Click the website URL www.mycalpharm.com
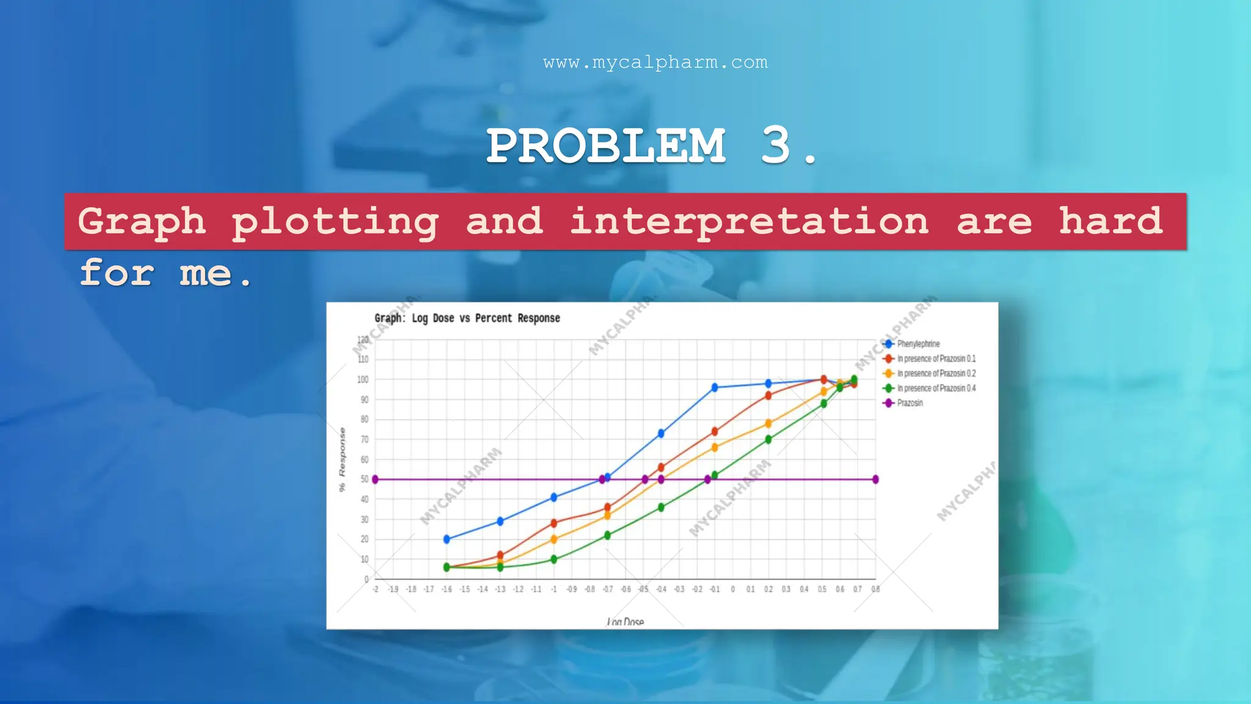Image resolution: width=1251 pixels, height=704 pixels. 655,62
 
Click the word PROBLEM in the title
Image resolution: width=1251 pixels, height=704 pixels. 606,146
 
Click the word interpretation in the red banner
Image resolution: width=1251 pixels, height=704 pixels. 749,221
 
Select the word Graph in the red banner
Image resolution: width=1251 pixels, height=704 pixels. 142,221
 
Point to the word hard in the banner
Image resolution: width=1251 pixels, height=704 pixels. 1110,221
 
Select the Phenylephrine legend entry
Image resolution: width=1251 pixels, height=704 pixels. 917,344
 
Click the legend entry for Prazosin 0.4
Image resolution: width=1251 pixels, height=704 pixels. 935,388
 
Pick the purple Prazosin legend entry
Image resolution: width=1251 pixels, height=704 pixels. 909,403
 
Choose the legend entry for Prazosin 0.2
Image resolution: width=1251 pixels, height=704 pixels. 935,373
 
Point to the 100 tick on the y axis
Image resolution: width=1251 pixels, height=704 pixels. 363,380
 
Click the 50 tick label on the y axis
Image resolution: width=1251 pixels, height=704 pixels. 365,479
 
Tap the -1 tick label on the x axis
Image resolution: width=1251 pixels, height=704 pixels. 553,589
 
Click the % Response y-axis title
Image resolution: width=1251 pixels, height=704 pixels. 342,460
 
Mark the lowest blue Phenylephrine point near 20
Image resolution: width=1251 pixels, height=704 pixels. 447,539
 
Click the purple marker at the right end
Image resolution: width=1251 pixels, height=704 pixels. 875,479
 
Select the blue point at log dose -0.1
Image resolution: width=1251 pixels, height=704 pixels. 715,387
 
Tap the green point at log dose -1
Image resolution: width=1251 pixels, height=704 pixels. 554,559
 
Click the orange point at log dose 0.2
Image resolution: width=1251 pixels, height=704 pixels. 768,424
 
